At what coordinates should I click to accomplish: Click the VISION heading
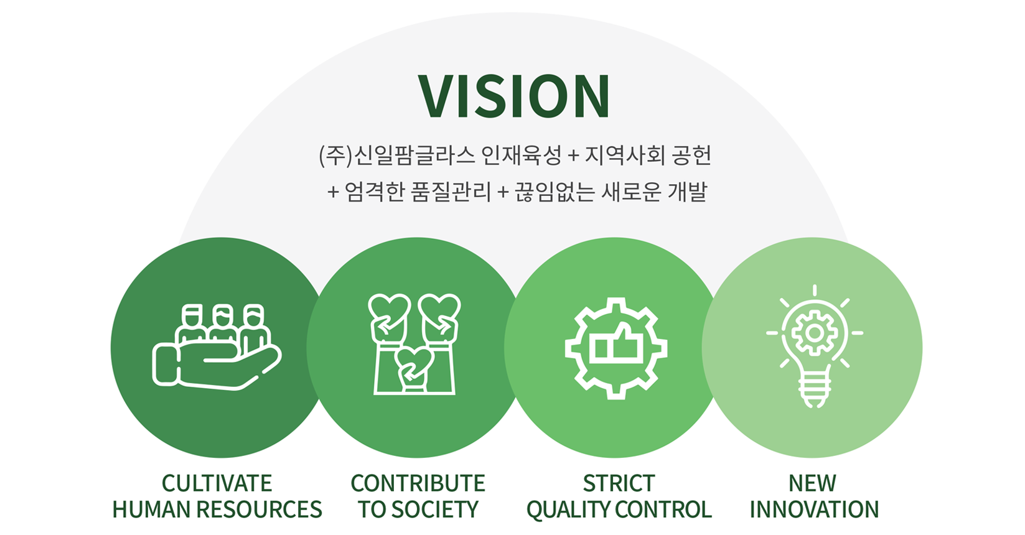click(514, 96)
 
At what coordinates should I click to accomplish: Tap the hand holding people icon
click(217, 347)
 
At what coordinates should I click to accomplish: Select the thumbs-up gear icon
click(616, 348)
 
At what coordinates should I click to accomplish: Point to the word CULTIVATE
click(217, 483)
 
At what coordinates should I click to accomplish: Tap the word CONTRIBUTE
click(418, 483)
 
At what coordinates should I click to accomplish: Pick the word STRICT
click(619, 483)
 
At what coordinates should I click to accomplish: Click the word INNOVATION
click(814, 509)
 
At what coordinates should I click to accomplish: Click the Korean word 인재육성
click(522, 156)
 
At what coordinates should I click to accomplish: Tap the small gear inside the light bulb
click(814, 333)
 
